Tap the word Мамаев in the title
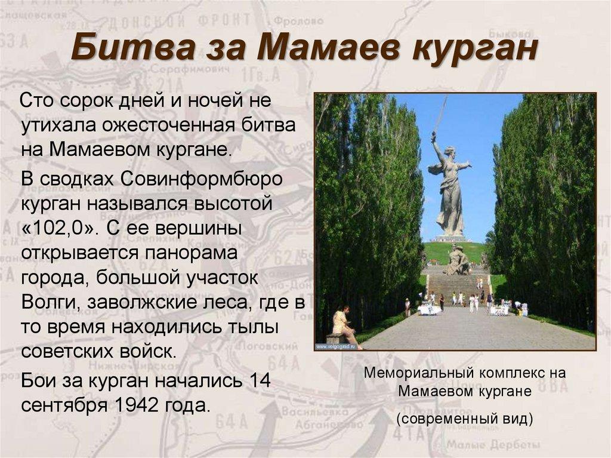coord(323,50)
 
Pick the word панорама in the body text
coord(190,254)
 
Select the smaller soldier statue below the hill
coord(457,262)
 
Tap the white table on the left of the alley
coord(428,309)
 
